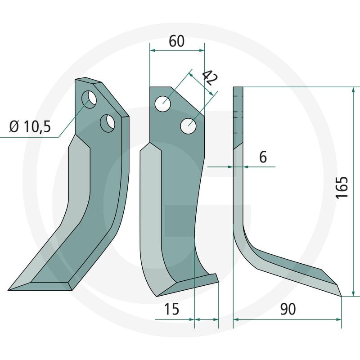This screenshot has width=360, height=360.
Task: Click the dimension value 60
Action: click(176, 41)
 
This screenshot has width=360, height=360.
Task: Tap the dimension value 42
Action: click(209, 77)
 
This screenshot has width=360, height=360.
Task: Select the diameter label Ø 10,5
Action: click(30, 127)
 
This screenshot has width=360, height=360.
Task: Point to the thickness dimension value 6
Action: click(263, 157)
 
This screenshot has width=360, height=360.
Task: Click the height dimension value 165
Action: click(342, 187)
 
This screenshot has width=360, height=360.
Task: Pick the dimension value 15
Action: click(171, 309)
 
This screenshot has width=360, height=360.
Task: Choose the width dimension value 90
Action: click(288, 309)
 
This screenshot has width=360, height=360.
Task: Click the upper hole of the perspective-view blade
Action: click(89, 99)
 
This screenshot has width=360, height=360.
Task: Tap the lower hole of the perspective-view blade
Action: click(108, 123)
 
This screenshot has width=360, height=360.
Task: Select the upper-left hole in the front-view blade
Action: click(162, 104)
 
